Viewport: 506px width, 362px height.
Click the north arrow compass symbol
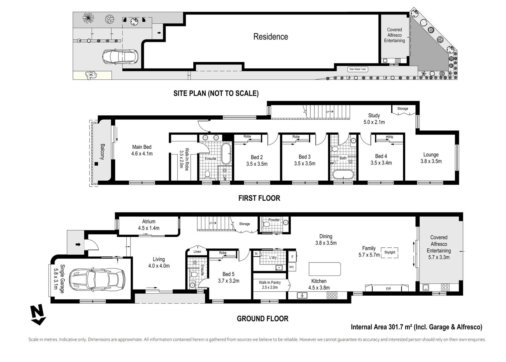tap(38, 315)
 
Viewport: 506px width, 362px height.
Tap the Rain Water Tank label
tap(358, 69)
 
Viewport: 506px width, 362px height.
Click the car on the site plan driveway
tap(120, 57)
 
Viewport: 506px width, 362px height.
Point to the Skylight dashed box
tap(390, 253)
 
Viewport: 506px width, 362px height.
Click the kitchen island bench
tap(325, 269)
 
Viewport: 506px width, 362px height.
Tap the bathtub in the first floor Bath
tap(343, 175)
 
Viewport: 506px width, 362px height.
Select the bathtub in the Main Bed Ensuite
tap(226, 154)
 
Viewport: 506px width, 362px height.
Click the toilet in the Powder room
tap(266, 224)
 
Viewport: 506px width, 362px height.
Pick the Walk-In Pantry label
tap(270, 282)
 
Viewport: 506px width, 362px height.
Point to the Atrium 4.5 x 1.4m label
tap(148, 225)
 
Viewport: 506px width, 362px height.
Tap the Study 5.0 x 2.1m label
tap(374, 119)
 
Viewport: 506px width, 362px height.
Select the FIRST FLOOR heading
tap(259, 198)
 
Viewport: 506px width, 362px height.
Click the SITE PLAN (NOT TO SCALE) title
tap(216, 93)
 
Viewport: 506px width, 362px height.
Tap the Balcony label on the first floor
tap(102, 152)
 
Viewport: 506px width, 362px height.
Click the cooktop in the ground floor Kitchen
tap(332, 295)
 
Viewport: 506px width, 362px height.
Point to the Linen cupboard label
tap(197, 251)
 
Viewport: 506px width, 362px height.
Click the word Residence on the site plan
tap(271, 37)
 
